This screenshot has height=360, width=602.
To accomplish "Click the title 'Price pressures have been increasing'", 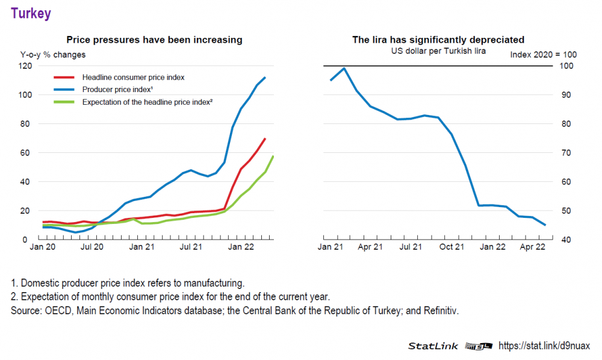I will coord(154,40).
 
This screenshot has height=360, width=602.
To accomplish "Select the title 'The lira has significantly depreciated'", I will coord(438,40).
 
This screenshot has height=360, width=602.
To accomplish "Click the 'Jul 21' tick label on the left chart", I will coord(190,247).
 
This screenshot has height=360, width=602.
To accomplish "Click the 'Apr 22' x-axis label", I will coord(533,247).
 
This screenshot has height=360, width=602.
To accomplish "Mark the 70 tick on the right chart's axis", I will coord(566,153).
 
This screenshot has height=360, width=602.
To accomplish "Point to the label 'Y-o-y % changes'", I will coord(53,55).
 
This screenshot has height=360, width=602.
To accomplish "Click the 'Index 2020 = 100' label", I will coord(543,55).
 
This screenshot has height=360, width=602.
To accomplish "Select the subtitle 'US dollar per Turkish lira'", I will coord(438,51).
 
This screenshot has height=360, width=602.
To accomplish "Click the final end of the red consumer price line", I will coord(265,138).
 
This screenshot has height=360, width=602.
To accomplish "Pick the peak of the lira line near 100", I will coord(344,68).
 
